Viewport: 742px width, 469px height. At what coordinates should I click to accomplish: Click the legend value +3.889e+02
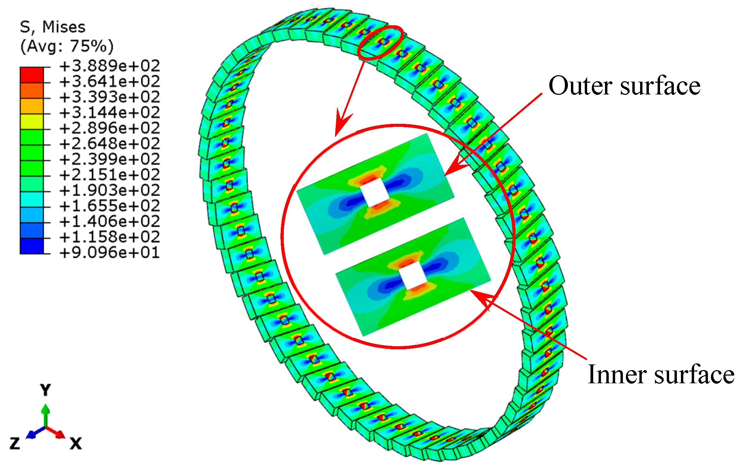pyautogui.click(x=109, y=66)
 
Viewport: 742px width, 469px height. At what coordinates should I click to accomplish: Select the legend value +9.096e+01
pyautogui.click(x=109, y=252)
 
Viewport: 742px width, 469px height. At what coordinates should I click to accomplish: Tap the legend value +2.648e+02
pyautogui.click(x=109, y=144)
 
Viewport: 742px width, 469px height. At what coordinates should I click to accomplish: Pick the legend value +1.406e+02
pyautogui.click(x=109, y=221)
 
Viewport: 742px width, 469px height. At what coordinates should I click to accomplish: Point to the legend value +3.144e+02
pyautogui.click(x=109, y=113)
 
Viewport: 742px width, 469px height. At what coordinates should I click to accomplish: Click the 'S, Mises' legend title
pyautogui.click(x=53, y=27)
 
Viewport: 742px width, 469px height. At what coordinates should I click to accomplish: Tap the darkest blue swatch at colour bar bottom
pyautogui.click(x=32, y=246)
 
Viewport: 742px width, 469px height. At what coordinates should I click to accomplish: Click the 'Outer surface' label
pyautogui.click(x=624, y=86)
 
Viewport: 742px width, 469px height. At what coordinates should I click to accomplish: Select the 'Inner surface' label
pyautogui.click(x=661, y=375)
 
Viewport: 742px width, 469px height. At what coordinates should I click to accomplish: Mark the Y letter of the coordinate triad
pyautogui.click(x=45, y=390)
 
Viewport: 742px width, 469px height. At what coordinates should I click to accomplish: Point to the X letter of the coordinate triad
pyautogui.click(x=76, y=443)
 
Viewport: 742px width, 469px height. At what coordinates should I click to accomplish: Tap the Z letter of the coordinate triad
pyautogui.click(x=15, y=443)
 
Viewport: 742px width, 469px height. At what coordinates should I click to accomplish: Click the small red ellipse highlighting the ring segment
pyautogui.click(x=381, y=43)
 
